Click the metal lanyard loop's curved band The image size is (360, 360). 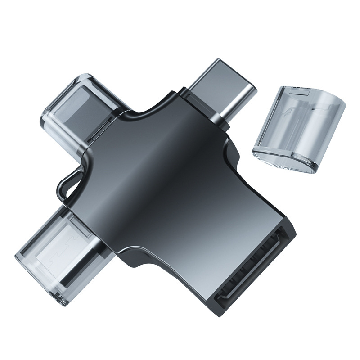[63, 180]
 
